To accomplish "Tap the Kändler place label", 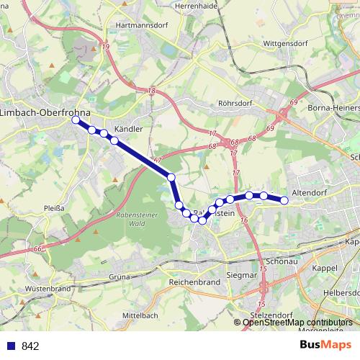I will click(x=129, y=129).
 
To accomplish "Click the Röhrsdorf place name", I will click(x=233, y=103).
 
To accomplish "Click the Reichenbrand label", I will click(x=194, y=283).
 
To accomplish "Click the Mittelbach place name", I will click(x=140, y=316).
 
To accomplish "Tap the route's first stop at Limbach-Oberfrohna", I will click(x=75, y=121).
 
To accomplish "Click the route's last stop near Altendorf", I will click(x=284, y=200).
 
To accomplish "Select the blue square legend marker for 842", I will click(x=11, y=346).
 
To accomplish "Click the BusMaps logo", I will click(x=325, y=346).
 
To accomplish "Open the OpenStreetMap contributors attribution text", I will click(x=298, y=322).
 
